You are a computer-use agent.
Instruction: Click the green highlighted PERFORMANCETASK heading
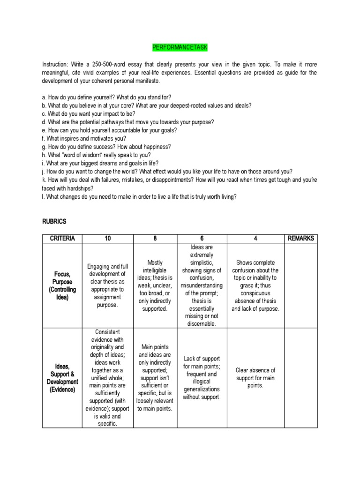pos(180,48)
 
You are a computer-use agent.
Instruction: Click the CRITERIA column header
pos(62,239)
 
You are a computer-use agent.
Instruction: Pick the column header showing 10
pos(108,239)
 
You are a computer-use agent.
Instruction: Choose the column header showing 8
pos(155,239)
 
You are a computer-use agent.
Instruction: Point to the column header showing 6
pos(202,239)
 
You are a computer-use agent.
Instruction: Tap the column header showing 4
pos(255,239)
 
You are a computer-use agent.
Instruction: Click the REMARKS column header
pos(300,239)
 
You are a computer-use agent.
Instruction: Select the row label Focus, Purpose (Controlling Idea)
pos(62,285)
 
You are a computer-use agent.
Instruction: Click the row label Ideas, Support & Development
pos(62,378)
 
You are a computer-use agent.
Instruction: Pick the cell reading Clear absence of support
pos(255,378)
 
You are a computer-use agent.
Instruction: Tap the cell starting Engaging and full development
pos(108,285)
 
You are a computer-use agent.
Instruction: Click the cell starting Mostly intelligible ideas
pos(155,286)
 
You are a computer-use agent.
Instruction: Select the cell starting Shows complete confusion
pos(255,285)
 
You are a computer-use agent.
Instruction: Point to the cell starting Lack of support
pos(202,378)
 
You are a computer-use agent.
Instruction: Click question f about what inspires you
pos(84,138)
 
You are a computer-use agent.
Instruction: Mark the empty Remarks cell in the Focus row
pos(300,285)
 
